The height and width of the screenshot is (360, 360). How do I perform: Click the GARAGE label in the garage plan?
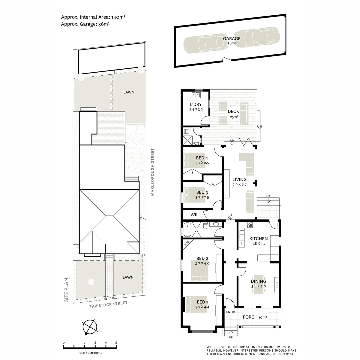[x=232, y=39]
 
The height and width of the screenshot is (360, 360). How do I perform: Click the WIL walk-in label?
[x=194, y=215]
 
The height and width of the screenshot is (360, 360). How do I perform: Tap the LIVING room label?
[x=239, y=179]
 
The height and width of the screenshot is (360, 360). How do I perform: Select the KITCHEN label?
[x=258, y=239]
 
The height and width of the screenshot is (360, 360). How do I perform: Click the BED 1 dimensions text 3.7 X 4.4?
[x=202, y=307]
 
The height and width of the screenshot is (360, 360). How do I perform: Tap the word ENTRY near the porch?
[x=231, y=312]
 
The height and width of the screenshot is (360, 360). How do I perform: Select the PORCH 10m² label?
[x=255, y=317]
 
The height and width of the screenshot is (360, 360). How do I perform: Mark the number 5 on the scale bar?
[x=116, y=343]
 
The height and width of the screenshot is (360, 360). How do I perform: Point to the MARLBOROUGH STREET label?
[x=153, y=172]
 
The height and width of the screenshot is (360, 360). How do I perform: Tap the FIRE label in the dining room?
[x=276, y=285]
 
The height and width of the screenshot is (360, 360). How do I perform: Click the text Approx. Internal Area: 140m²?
[x=93, y=17]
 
